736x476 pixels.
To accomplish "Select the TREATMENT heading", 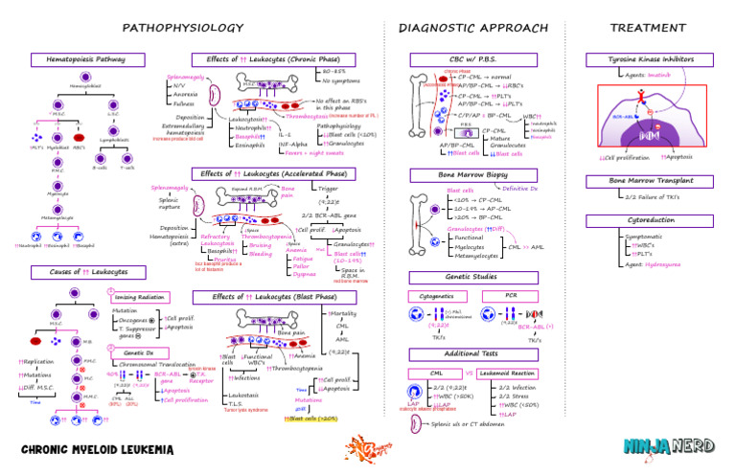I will click(649, 27).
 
